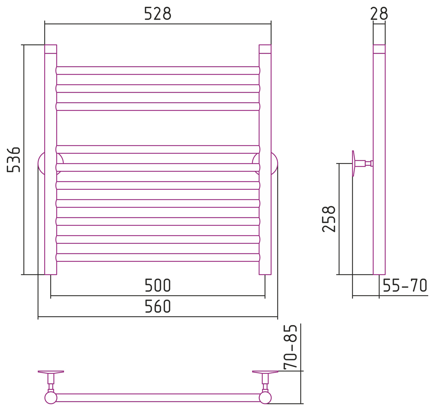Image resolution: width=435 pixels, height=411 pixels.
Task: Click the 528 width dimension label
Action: point(158,14)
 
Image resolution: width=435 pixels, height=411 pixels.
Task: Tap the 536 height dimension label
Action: point(14,160)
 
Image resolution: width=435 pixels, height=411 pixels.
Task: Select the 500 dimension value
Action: point(158,285)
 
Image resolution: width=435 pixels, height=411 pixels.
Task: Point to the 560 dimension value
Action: point(158,306)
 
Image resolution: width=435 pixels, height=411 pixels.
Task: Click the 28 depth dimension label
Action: point(379,14)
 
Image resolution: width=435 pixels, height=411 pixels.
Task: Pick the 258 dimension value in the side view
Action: point(329,219)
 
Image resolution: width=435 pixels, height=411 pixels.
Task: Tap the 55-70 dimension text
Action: point(405,285)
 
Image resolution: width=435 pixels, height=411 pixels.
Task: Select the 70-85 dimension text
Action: point(290,347)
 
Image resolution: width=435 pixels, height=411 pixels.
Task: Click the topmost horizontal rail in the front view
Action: point(158,71)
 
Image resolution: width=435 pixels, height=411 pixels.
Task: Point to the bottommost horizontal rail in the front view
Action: point(158,257)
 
